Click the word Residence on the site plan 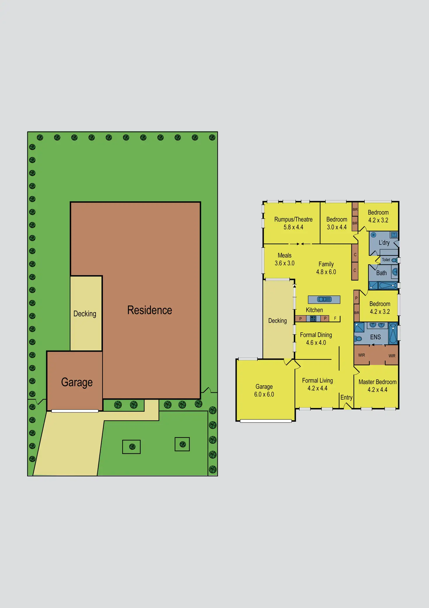coord(150,310)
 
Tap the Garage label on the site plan coord(77,382)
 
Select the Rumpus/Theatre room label coord(293,219)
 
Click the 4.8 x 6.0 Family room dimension coord(326,272)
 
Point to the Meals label coord(284,255)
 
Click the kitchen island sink coord(324,299)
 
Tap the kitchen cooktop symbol coord(313,318)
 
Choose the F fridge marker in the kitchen coord(335,318)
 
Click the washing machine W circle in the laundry coord(373,235)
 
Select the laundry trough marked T coord(394,234)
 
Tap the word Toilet coord(386,260)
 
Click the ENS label coord(375,337)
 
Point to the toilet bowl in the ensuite coord(358,339)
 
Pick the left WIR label coord(361,355)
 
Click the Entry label coord(346,397)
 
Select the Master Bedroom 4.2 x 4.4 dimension coord(377,390)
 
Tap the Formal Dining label coord(316,335)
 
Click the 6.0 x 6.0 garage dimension coord(264,394)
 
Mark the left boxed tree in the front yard coord(132,447)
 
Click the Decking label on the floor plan coord(277,320)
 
